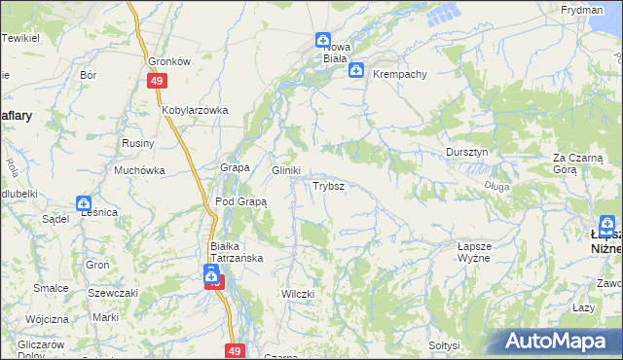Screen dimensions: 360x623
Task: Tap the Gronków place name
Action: [x=168, y=60]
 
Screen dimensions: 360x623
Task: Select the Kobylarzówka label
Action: [x=195, y=110]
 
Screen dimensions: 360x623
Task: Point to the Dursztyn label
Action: [x=466, y=153]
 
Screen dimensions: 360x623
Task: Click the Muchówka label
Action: [x=139, y=170]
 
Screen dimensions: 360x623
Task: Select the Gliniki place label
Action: [x=285, y=169]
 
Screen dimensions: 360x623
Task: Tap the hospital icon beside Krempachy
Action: [x=357, y=70]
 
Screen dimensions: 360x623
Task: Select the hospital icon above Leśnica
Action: [x=84, y=203]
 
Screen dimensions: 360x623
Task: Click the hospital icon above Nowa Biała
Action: [x=322, y=40]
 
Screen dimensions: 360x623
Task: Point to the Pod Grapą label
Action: [x=240, y=202]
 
